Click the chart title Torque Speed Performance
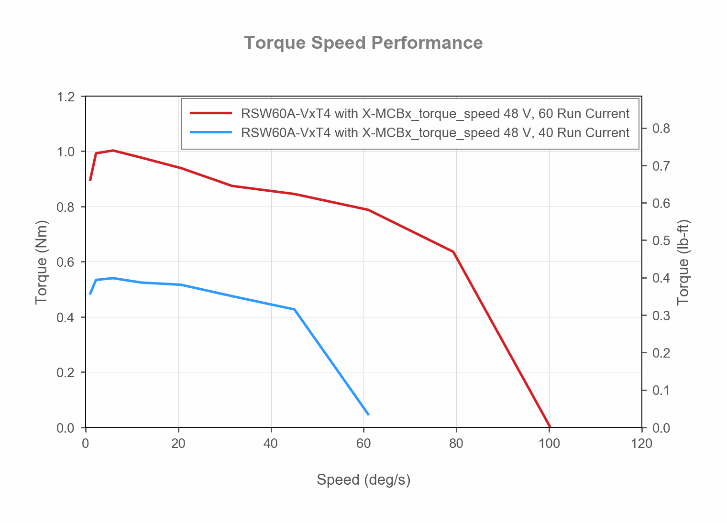363,43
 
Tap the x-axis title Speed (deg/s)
363,479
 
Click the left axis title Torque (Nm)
42,262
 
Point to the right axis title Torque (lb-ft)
683,262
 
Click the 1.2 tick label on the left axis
66,97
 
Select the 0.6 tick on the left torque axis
66,262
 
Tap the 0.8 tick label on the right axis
661,129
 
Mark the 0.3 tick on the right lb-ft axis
661,316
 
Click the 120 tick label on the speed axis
641,444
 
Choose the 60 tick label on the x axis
363,444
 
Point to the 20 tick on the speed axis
178,444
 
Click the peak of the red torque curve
113,150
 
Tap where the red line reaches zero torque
550,426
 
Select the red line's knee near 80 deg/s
453,251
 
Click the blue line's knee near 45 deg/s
294,309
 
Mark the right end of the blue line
368,414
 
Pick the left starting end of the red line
90,180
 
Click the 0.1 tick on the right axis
661,391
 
